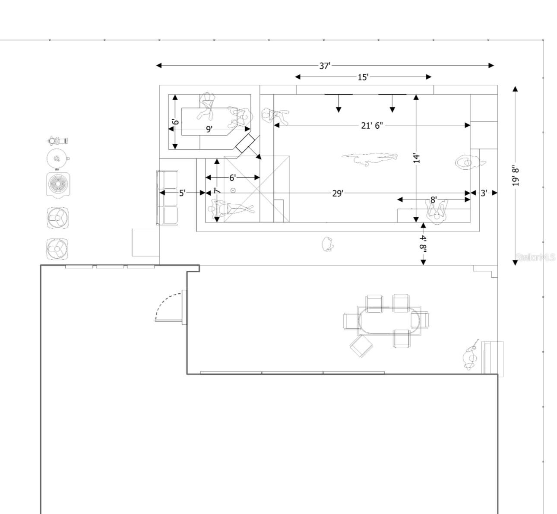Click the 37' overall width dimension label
[325, 66]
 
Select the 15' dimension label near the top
[363, 77]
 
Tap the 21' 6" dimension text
[372, 125]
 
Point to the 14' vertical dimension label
[416, 158]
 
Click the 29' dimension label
[338, 193]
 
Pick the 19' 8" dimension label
[515, 175]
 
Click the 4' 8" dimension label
[424, 244]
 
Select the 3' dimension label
[484, 193]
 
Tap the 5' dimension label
[182, 193]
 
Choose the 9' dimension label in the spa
[209, 129]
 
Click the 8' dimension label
[433, 200]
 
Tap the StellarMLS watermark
[535, 258]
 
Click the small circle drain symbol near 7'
[233, 190]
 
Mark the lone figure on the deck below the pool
[328, 244]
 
